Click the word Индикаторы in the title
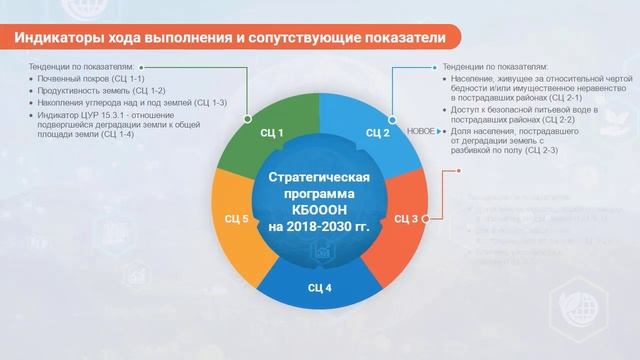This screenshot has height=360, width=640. [x=59, y=38]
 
